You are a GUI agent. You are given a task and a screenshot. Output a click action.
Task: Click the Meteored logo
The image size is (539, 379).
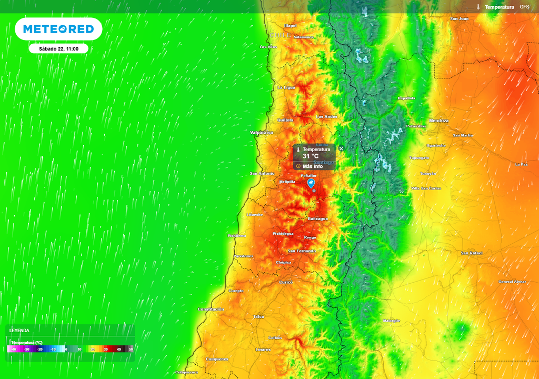coord(58,29)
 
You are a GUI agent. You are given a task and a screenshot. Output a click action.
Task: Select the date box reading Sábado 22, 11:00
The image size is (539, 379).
coord(58,48)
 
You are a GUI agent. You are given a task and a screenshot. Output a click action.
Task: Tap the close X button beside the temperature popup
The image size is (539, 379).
coord(341,149)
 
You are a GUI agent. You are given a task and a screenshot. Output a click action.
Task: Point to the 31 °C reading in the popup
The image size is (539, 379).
coord(311,156)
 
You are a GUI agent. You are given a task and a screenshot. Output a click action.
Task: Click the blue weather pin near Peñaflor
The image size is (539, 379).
coord(311,184)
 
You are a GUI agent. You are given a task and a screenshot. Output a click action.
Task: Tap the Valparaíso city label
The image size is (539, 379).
coord(262,133)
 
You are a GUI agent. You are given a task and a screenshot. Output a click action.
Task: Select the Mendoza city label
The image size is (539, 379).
coord(438,121)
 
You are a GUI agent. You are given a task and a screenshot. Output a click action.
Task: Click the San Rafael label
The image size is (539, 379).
coord(471,253)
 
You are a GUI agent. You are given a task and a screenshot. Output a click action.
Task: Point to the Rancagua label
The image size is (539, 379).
coord(318,218)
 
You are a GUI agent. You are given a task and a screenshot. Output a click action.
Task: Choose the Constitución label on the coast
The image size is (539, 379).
coord(211,309)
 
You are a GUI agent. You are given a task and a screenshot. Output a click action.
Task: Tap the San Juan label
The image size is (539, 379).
coord(459,18)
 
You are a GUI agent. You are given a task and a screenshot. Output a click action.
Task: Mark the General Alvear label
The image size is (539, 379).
coord(512,282)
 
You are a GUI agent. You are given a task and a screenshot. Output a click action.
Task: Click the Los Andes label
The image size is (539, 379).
coord(326,116)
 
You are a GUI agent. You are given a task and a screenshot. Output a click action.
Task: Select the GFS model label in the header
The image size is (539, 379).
coord(524,7)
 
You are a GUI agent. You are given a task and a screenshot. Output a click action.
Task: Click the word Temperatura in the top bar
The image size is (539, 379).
coord(499,7)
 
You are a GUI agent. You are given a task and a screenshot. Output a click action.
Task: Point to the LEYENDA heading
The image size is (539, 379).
coord(19,331)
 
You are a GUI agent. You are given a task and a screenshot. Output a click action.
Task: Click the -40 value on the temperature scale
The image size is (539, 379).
coord(14,349)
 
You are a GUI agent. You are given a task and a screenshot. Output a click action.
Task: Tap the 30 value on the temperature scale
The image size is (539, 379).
coord(105,349)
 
